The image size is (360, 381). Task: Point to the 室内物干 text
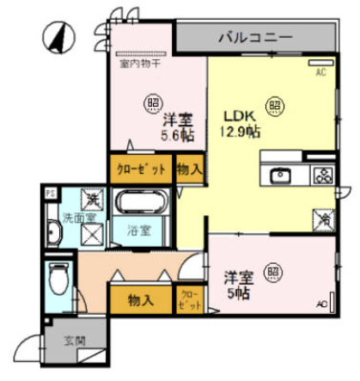(x=138, y=63)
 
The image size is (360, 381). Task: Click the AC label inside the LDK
(x=320, y=73)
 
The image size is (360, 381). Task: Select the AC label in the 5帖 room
(x=321, y=304)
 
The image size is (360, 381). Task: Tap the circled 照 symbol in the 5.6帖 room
(x=151, y=100)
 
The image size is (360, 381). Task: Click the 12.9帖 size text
(x=241, y=132)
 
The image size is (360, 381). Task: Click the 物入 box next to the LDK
(x=189, y=169)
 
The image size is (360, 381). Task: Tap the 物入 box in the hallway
(x=141, y=300)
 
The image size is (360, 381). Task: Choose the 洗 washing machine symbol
(x=90, y=200)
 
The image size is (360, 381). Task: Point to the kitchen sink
(x=281, y=176)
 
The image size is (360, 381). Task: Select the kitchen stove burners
(x=323, y=176)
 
